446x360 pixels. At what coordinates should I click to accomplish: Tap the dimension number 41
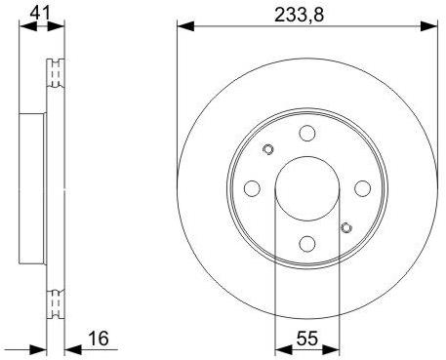(x=39, y=12)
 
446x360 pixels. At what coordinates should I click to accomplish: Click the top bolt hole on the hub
(x=307, y=134)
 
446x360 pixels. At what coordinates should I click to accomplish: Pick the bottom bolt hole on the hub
(x=307, y=244)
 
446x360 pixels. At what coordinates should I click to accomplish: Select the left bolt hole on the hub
(x=252, y=188)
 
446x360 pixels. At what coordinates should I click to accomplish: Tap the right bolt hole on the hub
(x=363, y=188)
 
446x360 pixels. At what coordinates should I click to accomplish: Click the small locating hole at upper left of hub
(x=268, y=149)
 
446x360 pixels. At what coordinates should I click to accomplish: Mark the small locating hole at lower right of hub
(x=346, y=228)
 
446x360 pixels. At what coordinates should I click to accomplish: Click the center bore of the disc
(x=307, y=188)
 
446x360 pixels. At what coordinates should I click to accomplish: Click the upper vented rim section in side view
(x=57, y=78)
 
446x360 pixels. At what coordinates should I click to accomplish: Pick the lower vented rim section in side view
(x=57, y=302)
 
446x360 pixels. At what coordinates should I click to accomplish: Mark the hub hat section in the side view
(x=34, y=188)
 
